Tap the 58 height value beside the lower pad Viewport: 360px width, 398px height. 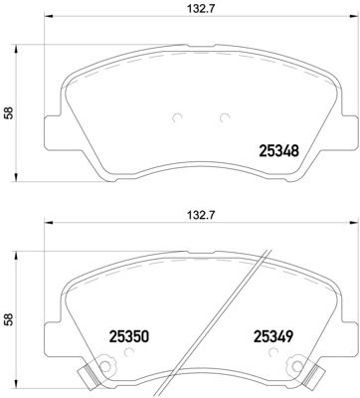click(10, 320)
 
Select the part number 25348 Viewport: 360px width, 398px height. click(279, 151)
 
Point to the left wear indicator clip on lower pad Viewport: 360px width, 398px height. click(87, 377)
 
